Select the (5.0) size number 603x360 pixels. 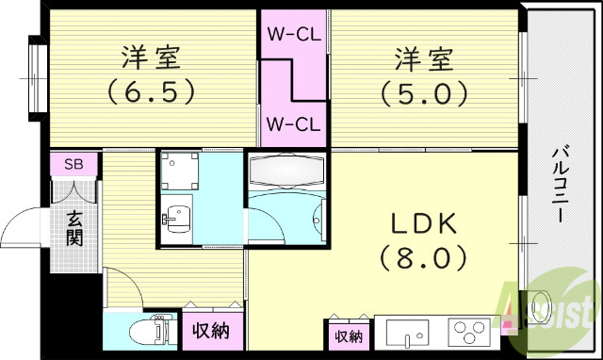(424, 93)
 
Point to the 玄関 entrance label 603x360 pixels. (74, 227)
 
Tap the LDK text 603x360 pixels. (424, 223)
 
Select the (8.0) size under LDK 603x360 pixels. (424, 256)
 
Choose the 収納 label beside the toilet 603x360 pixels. (212, 333)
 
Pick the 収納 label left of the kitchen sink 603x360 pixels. (347, 335)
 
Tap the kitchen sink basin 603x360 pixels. (407, 334)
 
